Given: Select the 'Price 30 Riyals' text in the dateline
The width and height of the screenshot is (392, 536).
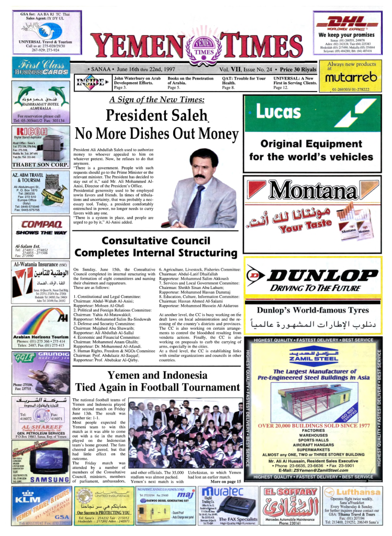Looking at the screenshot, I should [298, 69].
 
